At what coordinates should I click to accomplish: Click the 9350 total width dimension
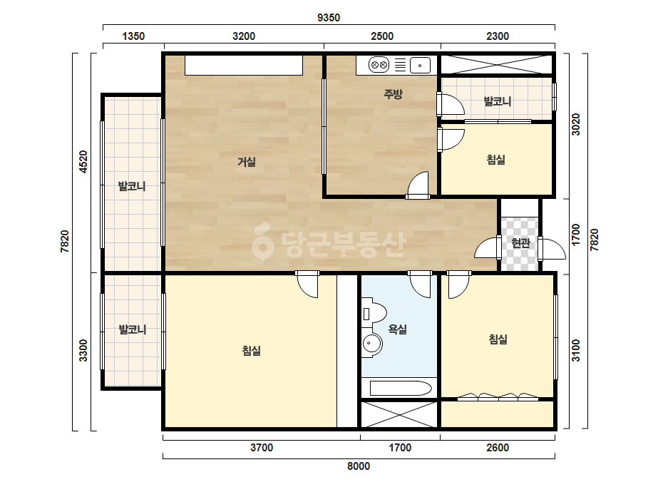[x=329, y=18]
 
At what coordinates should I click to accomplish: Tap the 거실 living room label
[x=247, y=162]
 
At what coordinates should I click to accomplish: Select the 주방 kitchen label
[x=394, y=94]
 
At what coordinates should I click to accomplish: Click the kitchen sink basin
[x=420, y=66]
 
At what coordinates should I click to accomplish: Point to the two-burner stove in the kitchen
[x=379, y=65]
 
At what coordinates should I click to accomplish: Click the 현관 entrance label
[x=521, y=242]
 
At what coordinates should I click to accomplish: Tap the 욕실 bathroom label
[x=397, y=329]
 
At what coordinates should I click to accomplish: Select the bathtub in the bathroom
[x=400, y=389]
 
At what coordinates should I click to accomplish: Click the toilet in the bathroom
[x=374, y=314]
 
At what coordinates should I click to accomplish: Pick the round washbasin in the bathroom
[x=372, y=344]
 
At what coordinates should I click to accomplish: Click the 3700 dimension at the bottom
[x=262, y=448]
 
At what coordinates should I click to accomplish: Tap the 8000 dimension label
[x=359, y=466]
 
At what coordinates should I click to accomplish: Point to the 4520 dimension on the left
[x=83, y=162]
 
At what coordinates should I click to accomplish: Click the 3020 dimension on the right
[x=576, y=125]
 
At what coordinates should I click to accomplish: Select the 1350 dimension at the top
[x=133, y=36]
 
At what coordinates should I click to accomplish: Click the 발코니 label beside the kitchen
[x=498, y=101]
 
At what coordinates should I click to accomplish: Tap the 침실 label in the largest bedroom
[x=252, y=351]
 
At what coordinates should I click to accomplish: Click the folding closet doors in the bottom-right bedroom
[x=498, y=396]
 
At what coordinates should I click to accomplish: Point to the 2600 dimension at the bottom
[x=498, y=448]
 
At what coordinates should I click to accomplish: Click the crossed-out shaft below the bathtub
[x=399, y=414]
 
